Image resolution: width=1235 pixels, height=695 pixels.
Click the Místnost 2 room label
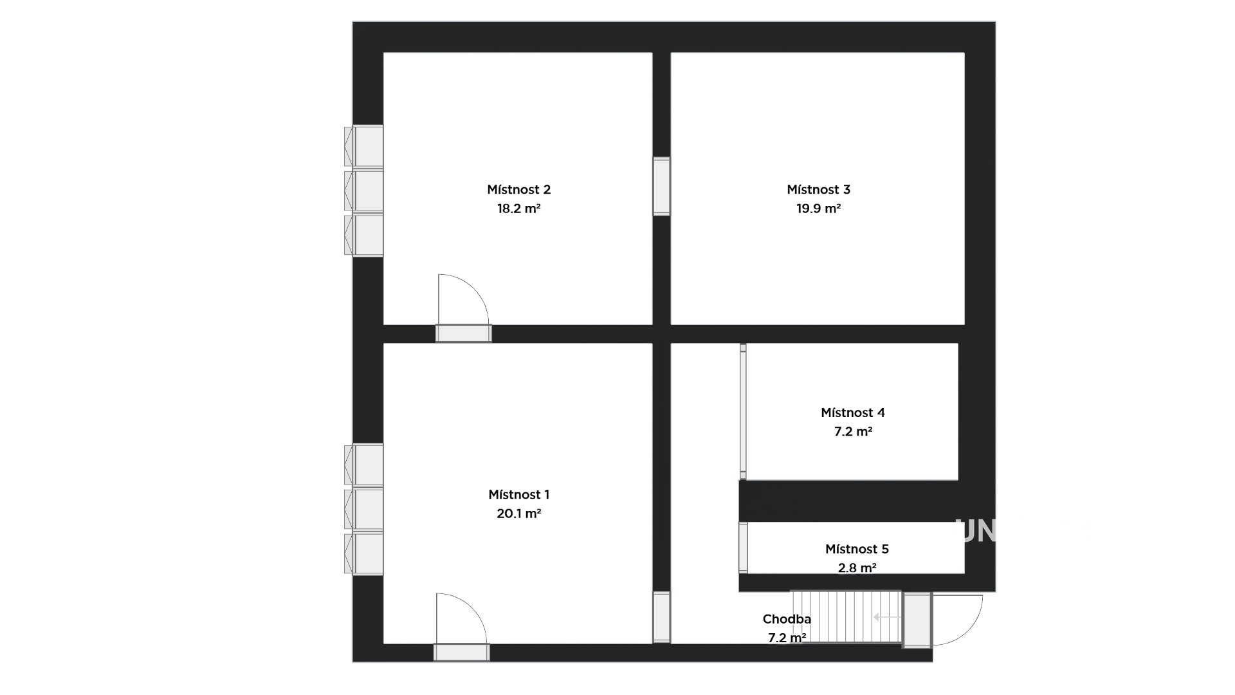point(518,190)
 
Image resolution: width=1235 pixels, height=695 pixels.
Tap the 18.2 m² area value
point(518,208)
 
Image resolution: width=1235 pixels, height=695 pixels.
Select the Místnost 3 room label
point(818,190)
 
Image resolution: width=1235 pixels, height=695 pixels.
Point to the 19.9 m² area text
point(818,208)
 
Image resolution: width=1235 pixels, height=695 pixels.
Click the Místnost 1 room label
point(518,495)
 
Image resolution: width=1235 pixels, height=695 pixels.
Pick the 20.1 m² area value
point(518,514)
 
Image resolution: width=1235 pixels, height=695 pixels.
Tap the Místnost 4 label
point(853,412)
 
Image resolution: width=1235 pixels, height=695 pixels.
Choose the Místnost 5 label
point(857,549)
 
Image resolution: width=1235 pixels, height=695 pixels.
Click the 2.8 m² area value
point(857,568)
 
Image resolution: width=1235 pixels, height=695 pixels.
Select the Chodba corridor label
point(787,619)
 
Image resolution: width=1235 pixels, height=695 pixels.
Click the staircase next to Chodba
point(846,616)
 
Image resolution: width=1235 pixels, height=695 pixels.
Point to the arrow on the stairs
point(888,617)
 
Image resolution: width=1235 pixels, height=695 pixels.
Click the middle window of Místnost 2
point(364,190)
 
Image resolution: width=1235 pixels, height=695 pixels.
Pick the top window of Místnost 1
point(364,465)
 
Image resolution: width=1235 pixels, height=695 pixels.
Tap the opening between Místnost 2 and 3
point(661,186)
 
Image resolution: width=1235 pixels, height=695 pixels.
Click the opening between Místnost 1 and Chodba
point(661,617)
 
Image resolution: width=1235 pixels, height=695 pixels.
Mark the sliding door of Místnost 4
point(743,412)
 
